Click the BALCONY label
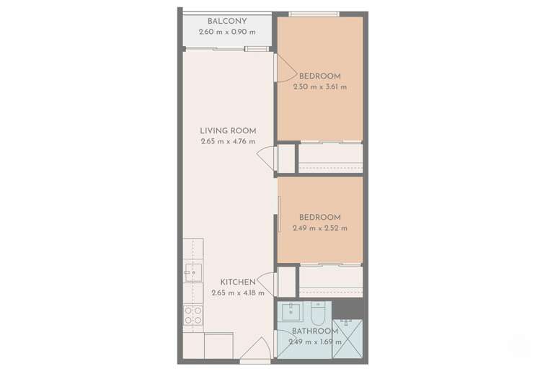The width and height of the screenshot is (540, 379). [x=226, y=22]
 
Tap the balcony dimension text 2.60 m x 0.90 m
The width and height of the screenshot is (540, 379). [x=226, y=33]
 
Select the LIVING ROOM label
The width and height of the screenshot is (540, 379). [x=228, y=131]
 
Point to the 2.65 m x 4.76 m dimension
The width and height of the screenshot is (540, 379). [x=228, y=142]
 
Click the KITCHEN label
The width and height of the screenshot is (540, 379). [x=238, y=282]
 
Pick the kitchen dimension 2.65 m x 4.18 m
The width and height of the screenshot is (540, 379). [x=238, y=293]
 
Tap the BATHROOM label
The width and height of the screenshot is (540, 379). [x=315, y=331]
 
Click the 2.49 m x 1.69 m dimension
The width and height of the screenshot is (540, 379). [x=315, y=342]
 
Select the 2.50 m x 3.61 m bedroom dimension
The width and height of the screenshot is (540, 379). [x=320, y=87]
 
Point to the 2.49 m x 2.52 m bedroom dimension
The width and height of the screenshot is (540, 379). [x=320, y=228]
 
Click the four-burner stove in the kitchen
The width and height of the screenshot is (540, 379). [x=192, y=316]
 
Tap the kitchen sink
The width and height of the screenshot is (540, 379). [x=192, y=271]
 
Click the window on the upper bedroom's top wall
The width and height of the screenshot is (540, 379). [x=313, y=14]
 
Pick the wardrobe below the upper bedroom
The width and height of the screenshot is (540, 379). [x=330, y=158]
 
